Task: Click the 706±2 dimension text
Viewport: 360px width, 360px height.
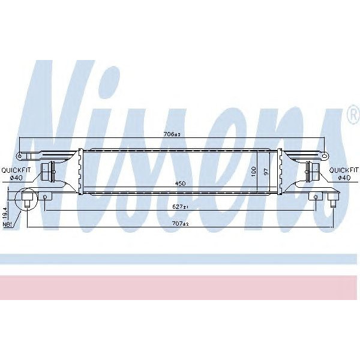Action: coord(172,135)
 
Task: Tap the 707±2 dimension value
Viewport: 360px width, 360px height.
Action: coord(181,224)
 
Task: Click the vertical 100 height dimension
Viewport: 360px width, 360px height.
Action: coord(254,171)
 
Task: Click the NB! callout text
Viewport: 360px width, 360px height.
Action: coord(7,224)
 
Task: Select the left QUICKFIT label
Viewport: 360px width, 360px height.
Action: coord(16,169)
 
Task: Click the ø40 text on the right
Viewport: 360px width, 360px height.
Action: coord(344,177)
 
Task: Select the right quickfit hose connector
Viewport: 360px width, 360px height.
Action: coord(313,172)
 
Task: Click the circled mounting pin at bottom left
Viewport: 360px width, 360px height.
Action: coord(27,199)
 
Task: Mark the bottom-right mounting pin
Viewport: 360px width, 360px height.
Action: coord(332,199)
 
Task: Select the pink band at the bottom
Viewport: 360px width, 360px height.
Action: coord(180,287)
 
